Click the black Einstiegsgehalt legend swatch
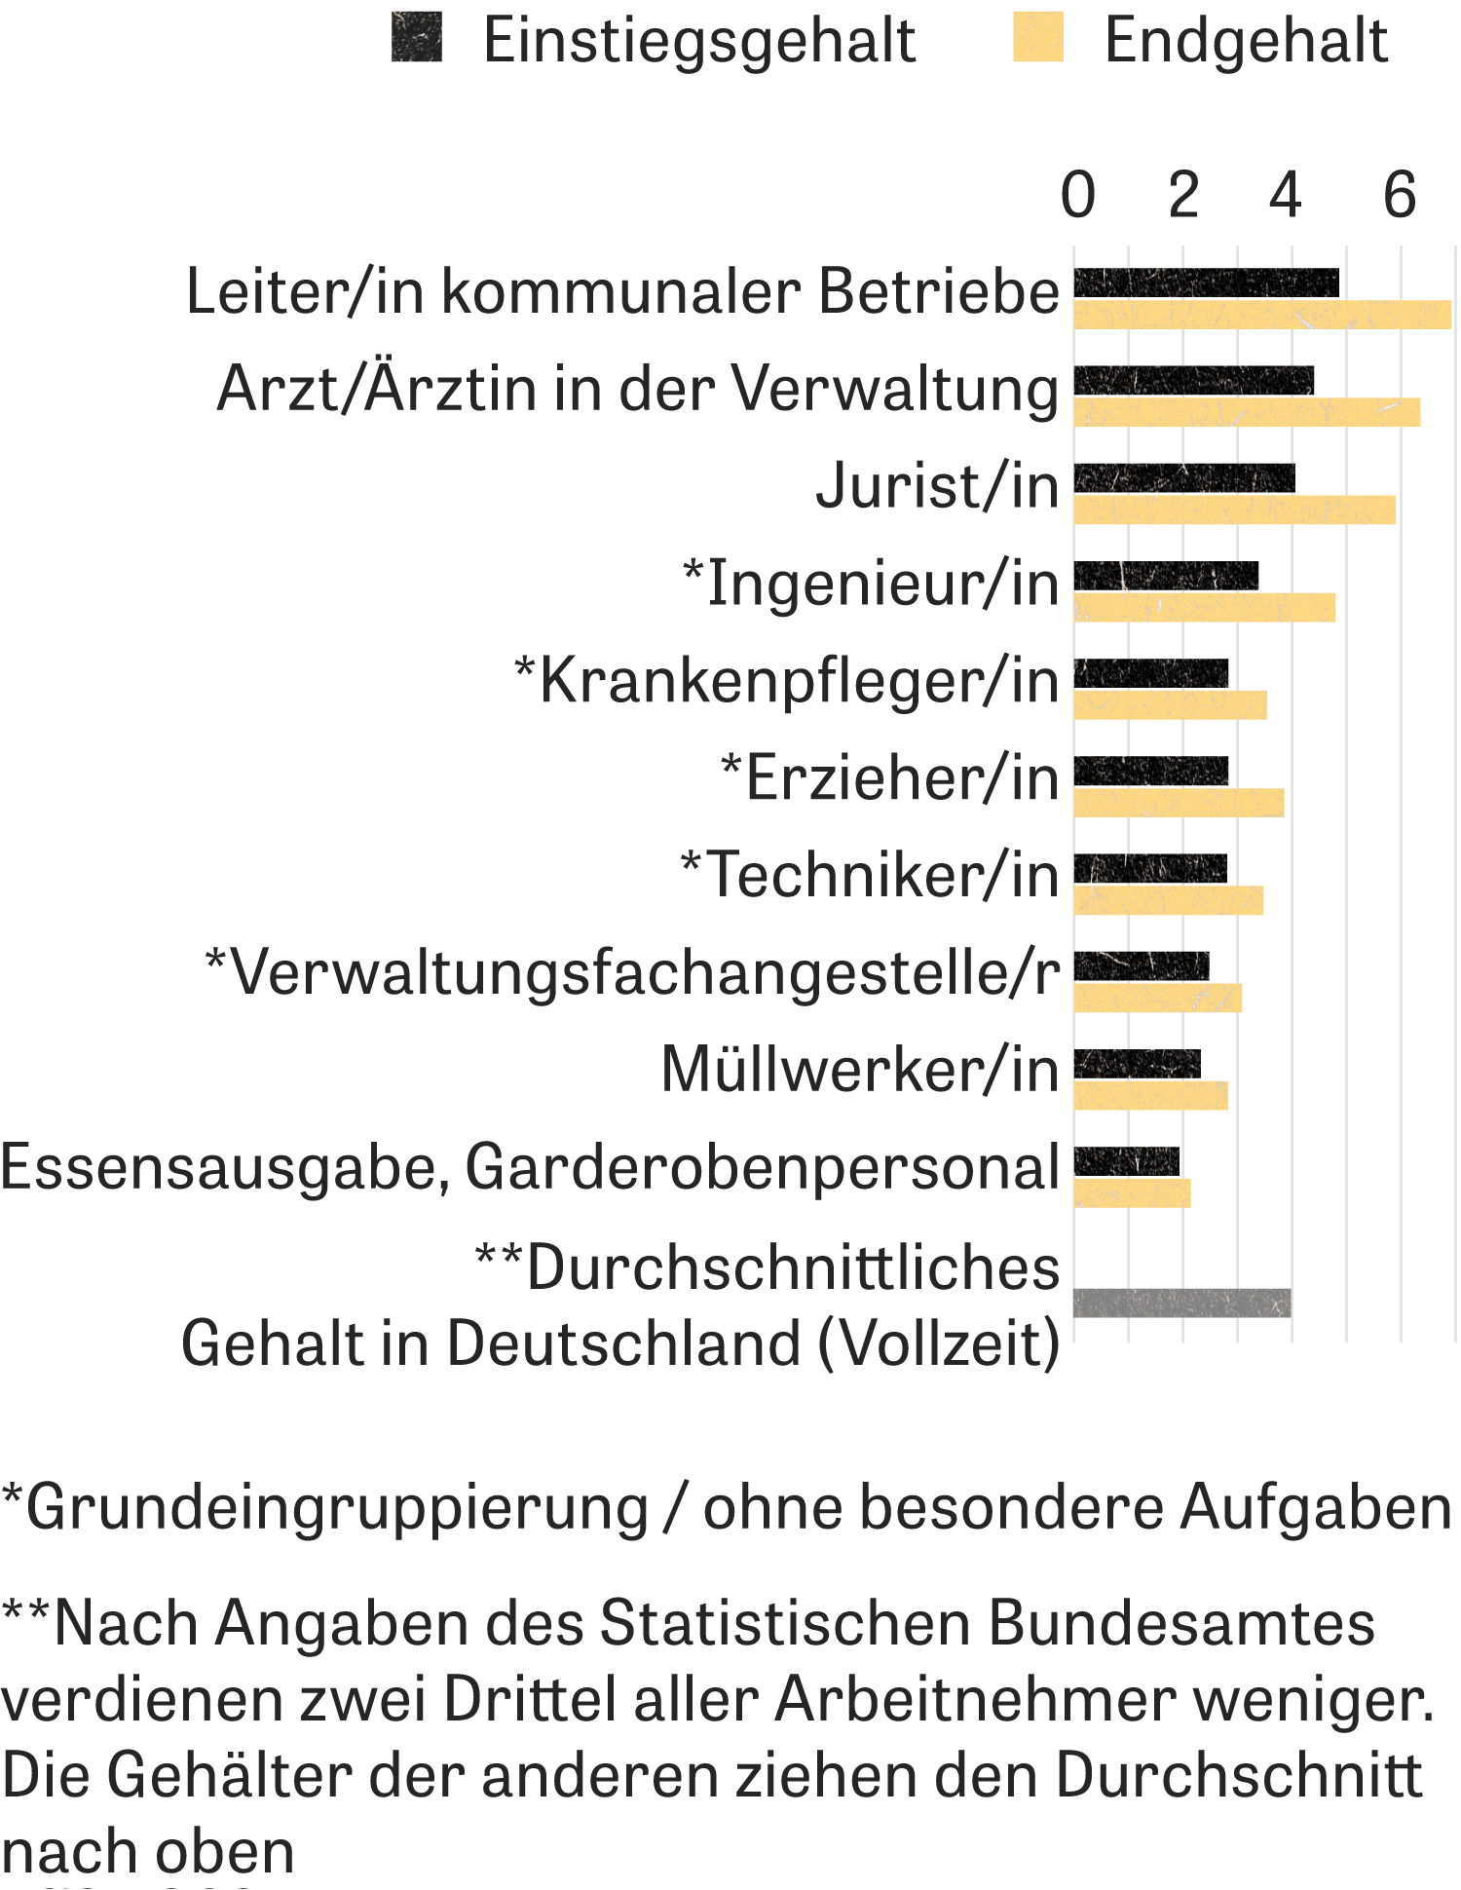417,38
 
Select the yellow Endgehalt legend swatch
1038,38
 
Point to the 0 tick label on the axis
1077,196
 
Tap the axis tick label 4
1286,196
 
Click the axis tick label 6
1400,196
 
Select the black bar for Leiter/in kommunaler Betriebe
1206,283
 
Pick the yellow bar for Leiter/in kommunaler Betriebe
1262,315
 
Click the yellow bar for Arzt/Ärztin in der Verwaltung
1247,412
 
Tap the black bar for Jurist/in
1184,478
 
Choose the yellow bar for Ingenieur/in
1205,608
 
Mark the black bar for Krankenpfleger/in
1151,673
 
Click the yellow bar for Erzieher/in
1179,803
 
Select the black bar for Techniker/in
1150,868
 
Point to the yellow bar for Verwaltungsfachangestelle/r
1158,998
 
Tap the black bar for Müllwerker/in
1138,1064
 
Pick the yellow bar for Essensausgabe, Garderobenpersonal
1132,1193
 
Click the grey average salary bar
1182,1303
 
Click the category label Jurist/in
937,486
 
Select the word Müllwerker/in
859,1070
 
